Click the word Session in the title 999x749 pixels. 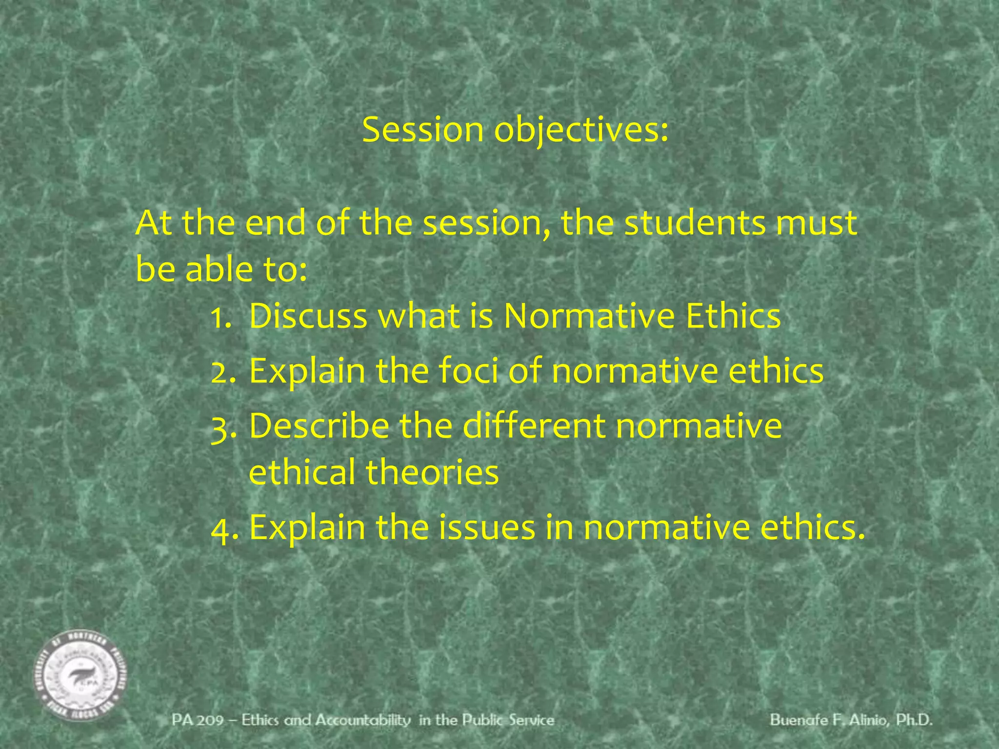[422, 130]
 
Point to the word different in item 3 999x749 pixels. [533, 426]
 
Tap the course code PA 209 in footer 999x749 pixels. [197, 720]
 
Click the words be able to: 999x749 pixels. [221, 269]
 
